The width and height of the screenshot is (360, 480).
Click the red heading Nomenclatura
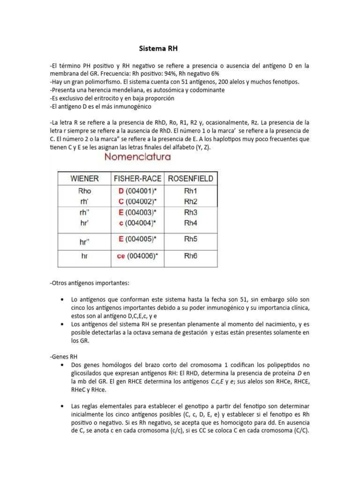137,157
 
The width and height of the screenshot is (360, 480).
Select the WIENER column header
84,179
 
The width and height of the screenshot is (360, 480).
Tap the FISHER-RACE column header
137,179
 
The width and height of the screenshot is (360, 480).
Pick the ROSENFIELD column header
190,179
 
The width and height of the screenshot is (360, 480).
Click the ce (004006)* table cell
137,256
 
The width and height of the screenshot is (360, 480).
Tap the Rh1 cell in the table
191,191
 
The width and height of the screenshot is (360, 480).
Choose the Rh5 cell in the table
191,239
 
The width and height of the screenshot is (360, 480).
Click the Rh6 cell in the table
191,256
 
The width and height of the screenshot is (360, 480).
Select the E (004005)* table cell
137,239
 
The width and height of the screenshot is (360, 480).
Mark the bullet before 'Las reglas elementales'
63,405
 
